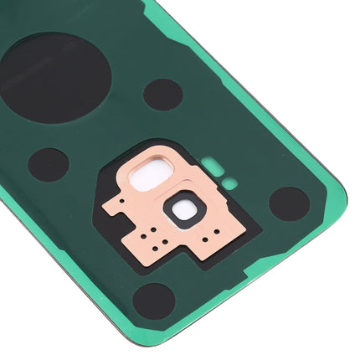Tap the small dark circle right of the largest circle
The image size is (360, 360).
(x=162, y=95)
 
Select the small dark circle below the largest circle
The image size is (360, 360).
(x=48, y=164)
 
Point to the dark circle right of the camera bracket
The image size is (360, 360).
(x=289, y=203)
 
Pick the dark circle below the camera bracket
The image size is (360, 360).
(x=154, y=301)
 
